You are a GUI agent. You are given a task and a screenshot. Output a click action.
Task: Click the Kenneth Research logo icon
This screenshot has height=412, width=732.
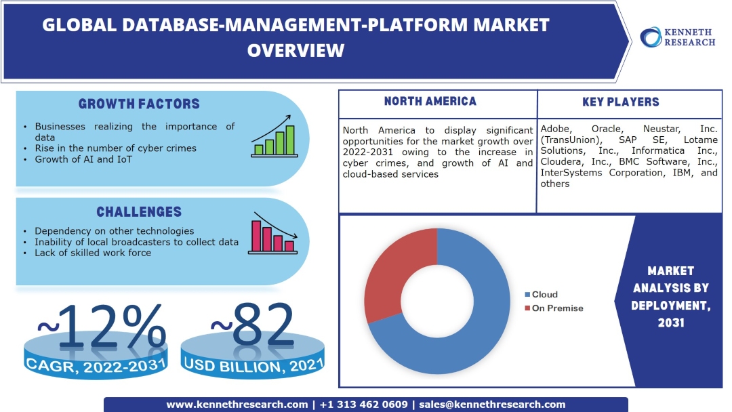651,37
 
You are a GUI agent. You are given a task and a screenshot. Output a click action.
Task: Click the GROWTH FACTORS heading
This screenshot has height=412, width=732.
139,104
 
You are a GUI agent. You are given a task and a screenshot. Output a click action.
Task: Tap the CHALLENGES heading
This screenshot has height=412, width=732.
139,212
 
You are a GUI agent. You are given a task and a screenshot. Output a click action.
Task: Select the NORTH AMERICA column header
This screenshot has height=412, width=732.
430,102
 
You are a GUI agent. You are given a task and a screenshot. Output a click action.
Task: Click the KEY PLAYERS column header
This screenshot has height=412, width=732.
620,102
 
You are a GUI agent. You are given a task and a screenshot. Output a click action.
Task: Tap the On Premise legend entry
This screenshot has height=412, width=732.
554,308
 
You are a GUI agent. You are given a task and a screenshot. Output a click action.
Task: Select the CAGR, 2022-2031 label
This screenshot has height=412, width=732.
96,366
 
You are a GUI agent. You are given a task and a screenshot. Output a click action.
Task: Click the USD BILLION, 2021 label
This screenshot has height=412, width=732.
252,366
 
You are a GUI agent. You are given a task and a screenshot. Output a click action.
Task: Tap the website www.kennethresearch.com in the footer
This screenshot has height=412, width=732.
237,405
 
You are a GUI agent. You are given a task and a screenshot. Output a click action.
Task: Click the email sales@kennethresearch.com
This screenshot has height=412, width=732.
492,405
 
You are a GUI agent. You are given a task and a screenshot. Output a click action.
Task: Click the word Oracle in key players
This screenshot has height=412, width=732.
609,129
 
